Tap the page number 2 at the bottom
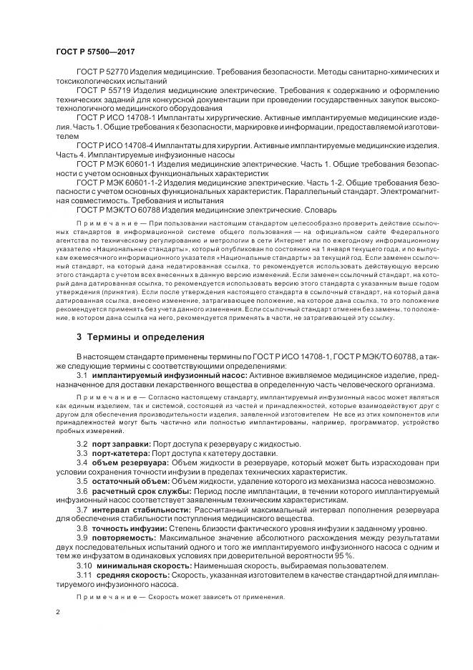(57, 613)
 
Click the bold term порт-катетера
(121, 455)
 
